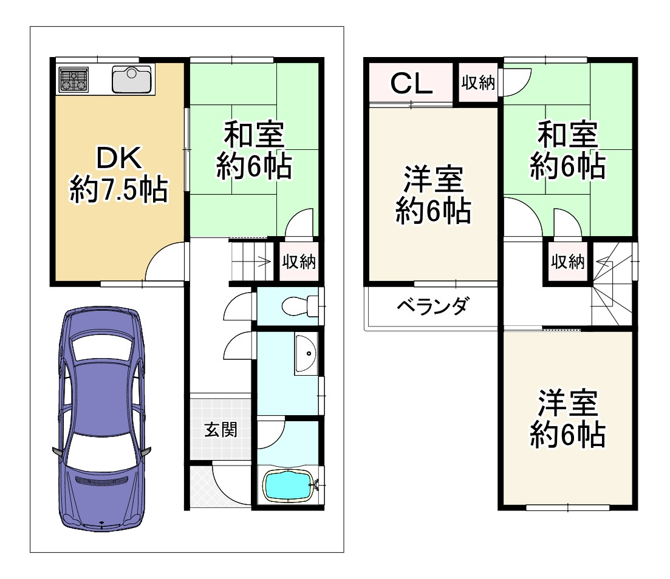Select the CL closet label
(x=411, y=84)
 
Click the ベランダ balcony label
(x=432, y=306)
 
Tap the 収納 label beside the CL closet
(x=478, y=83)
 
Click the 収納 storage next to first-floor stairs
(x=298, y=262)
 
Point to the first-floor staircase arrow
(x=265, y=262)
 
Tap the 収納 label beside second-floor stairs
(x=568, y=262)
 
